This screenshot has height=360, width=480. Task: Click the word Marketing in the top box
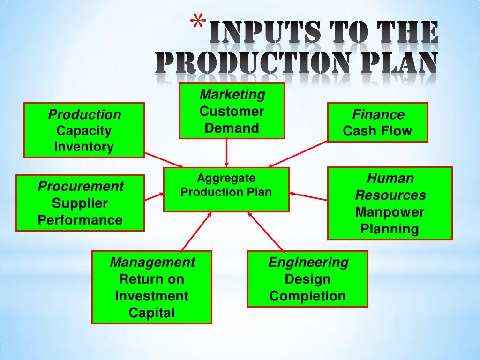[232, 95]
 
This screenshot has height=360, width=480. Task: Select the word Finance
[378, 115]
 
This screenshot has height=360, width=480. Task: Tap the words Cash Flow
[377, 131]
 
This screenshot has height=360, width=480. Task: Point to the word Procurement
[81, 187]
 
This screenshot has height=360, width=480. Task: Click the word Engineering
[308, 262]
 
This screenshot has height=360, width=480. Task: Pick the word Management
[152, 262]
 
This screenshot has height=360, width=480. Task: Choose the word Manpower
[389, 212]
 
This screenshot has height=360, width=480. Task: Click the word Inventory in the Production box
[84, 147]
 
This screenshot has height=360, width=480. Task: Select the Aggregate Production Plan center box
[226, 190]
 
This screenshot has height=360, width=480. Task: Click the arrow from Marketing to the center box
[226, 152]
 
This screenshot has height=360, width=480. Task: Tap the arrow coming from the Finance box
[298, 154]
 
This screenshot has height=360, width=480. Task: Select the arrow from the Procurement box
[154, 196]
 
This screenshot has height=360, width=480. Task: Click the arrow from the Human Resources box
[308, 196]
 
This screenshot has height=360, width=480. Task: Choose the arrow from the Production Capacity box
[163, 159]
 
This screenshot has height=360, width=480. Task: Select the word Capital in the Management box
[152, 313]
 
